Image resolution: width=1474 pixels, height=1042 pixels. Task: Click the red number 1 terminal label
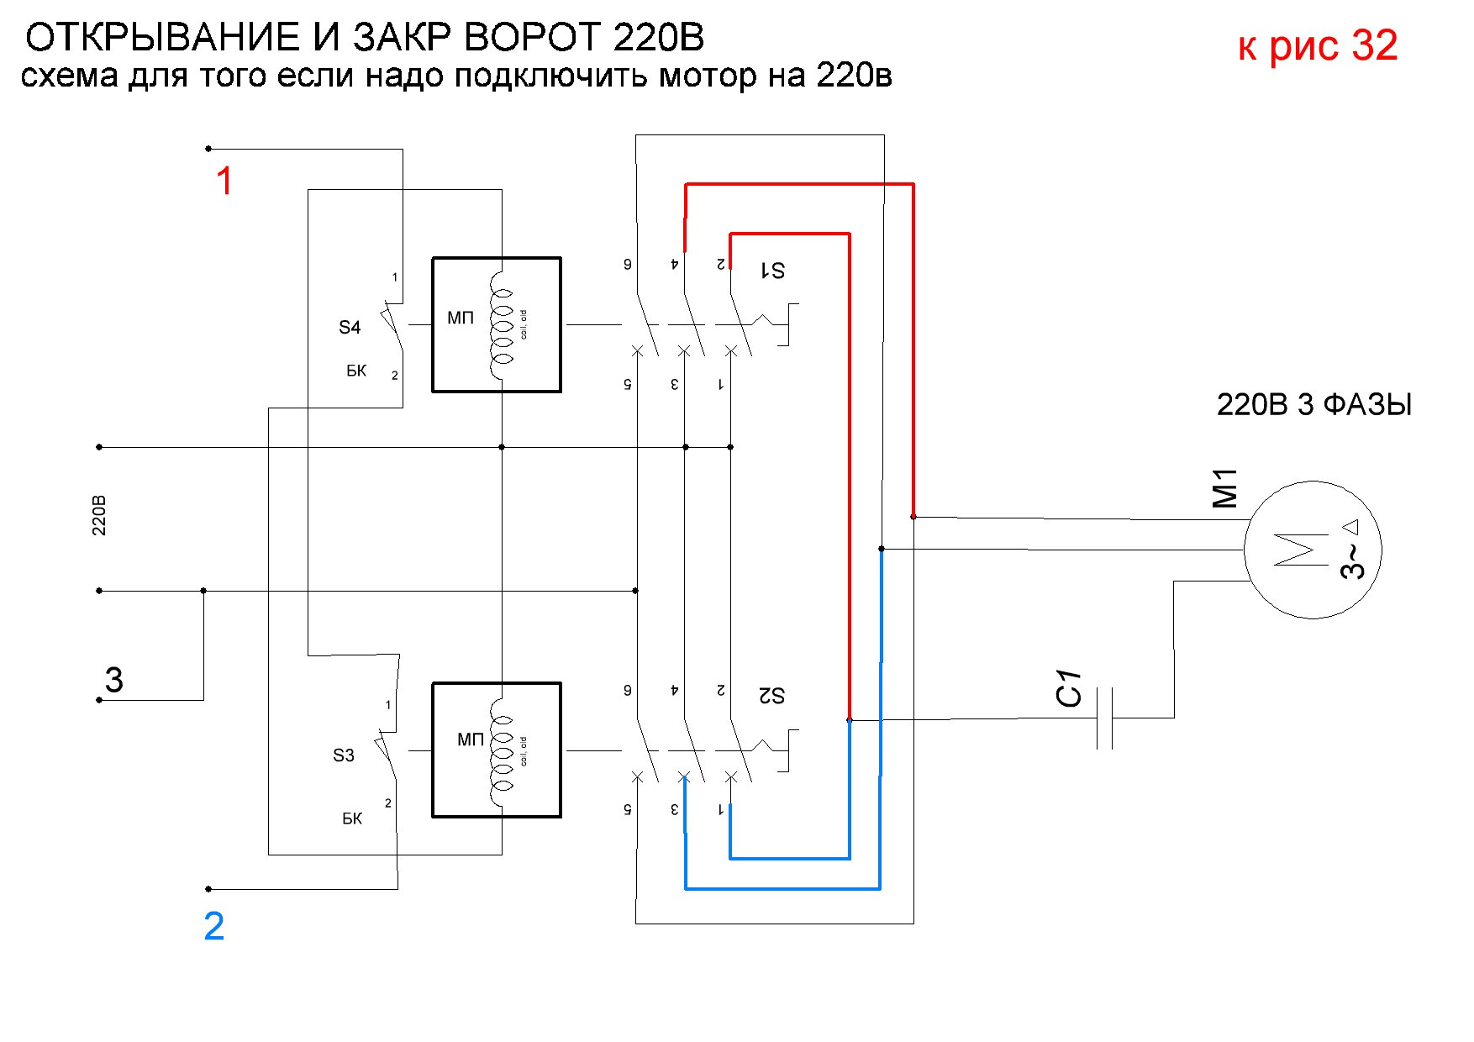point(224,182)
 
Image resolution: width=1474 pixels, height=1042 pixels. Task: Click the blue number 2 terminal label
point(214,926)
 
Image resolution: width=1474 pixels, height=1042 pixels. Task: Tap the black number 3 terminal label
point(114,680)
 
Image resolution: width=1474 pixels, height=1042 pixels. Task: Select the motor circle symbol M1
point(1313,550)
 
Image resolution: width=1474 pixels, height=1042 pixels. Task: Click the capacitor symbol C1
point(1105,718)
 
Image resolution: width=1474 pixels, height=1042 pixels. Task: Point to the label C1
point(1069,689)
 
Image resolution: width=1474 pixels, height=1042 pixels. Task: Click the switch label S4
point(350,328)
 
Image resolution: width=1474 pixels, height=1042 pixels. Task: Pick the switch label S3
point(344,755)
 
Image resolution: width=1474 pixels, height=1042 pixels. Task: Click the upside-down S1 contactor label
point(772,270)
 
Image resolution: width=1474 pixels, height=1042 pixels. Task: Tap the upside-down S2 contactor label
point(771,696)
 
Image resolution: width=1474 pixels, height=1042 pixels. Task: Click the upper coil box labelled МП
point(497,324)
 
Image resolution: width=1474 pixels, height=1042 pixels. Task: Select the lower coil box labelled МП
point(497,750)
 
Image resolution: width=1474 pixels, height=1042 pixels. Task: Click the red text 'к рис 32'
point(1317,45)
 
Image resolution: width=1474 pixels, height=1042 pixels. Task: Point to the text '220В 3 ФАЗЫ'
point(1313,405)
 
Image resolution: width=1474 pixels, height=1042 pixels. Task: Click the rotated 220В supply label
point(99,516)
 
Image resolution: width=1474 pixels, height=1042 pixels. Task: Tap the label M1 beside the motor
point(1225,489)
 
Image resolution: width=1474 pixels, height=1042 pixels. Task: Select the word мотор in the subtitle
point(708,76)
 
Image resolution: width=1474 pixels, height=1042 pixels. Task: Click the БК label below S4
point(356,371)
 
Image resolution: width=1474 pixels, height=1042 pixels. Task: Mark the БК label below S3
point(352,818)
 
